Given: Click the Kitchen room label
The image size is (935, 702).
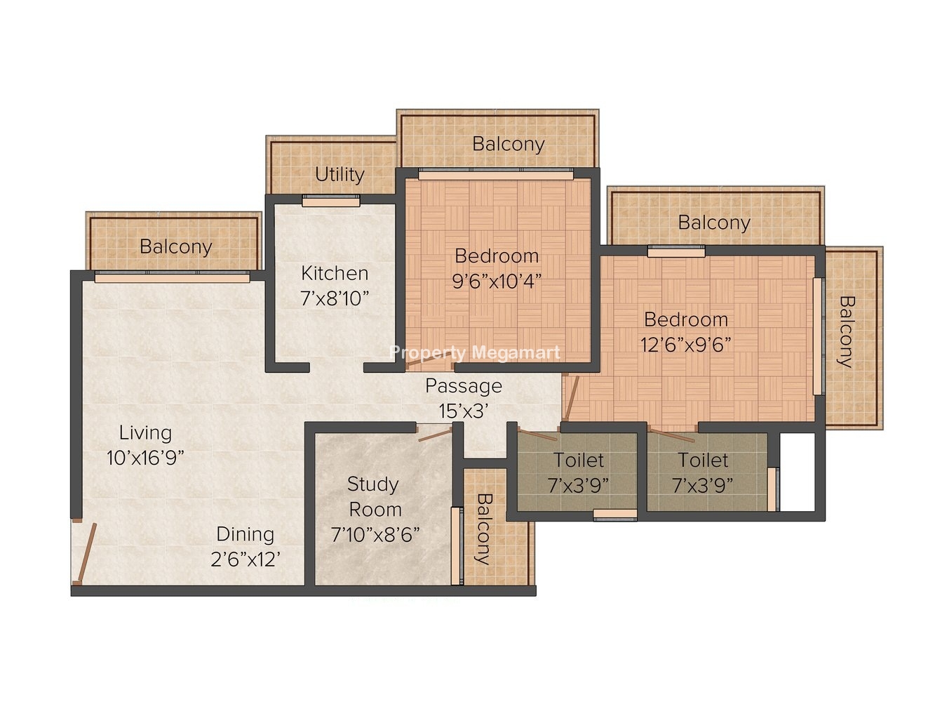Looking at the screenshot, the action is [x=335, y=273].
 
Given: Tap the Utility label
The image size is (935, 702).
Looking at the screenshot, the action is [x=339, y=175].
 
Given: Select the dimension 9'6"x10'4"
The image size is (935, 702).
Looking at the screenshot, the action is [x=497, y=282].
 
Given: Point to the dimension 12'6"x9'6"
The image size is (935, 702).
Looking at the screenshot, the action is [x=685, y=345].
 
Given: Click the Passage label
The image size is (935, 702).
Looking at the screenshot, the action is [x=464, y=386].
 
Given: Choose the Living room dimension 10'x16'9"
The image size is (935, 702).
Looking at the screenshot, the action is [x=145, y=458].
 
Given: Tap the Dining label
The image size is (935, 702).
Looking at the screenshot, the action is [x=245, y=534].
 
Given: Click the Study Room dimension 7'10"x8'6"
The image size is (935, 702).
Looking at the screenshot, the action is [x=375, y=534].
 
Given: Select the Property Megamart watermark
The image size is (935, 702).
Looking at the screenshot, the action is [x=475, y=353].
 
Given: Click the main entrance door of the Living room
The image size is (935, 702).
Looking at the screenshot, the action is [x=84, y=553].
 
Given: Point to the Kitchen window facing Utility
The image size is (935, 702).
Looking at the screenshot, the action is [x=331, y=201].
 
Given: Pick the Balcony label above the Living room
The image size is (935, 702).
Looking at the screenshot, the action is [x=176, y=247].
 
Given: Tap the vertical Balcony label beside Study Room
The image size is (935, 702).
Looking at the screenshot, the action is [x=484, y=529].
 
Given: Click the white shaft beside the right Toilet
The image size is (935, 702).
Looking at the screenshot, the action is [x=797, y=472].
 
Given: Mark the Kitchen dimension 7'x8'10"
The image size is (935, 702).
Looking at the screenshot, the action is [x=335, y=298].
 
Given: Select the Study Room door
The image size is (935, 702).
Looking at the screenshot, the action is [x=434, y=435].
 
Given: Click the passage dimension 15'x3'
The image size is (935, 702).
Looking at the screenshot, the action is [x=464, y=411].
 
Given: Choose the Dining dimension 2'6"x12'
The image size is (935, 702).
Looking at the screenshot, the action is [x=245, y=559].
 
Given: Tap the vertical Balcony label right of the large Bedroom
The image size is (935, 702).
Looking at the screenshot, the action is [x=847, y=332].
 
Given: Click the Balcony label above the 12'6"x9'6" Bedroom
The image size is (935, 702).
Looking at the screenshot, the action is [x=714, y=223].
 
